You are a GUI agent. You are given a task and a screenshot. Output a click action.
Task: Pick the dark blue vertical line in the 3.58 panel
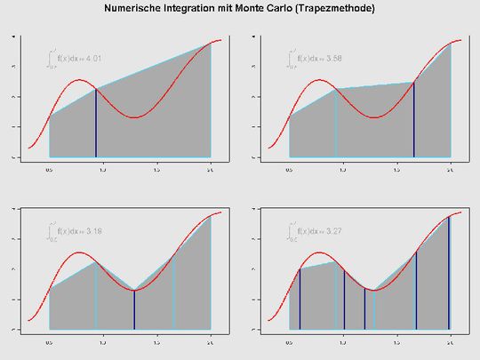pyautogui.click(x=414, y=120)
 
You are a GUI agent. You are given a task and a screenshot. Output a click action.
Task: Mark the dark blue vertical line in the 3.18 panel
pyautogui.click(x=134, y=309)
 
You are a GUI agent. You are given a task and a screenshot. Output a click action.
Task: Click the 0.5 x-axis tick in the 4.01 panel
pyautogui.click(x=50, y=169)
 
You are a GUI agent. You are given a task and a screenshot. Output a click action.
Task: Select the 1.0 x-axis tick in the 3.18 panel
pyautogui.click(x=103, y=341)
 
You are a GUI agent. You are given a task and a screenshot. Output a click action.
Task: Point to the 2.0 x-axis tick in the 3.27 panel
pyautogui.click(x=450, y=341)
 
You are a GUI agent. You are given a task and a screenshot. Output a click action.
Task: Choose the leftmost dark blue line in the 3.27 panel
pyautogui.click(x=300, y=299)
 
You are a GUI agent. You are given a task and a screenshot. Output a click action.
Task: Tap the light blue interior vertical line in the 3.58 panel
pyautogui.click(x=336, y=123)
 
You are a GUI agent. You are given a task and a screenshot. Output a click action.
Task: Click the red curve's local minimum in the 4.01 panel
pyautogui.click(x=133, y=117)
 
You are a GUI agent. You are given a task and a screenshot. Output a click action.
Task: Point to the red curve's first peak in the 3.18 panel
pyautogui.click(x=80, y=252)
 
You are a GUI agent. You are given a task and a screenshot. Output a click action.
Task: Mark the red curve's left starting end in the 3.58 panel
pyautogui.click(x=269, y=148)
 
